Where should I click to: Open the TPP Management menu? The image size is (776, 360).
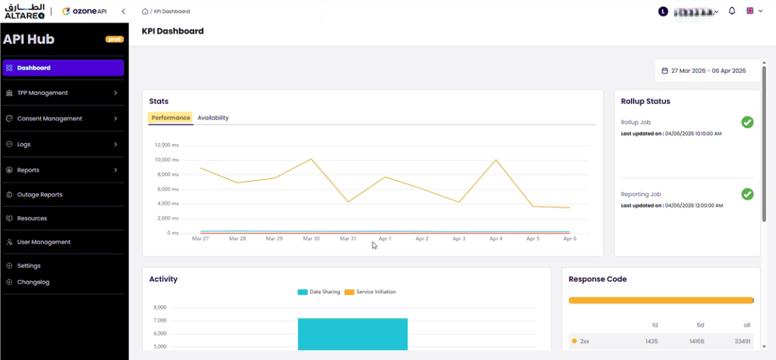coord(42,93)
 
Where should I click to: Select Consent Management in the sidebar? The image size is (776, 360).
coord(50,119)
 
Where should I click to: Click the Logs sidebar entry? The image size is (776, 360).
coord(24,145)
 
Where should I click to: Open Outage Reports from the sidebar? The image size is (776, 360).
coord(40,195)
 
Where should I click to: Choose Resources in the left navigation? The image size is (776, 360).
coord(32,218)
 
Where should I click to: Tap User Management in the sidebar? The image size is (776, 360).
coord(44,242)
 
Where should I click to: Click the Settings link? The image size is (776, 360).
coord(29,266)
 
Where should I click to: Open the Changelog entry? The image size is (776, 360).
coord(33,282)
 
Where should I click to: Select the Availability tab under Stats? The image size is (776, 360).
coord(213,118)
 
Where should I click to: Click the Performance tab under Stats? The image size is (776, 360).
coord(170,118)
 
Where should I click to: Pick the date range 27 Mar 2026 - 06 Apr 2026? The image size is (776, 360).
coord(704,71)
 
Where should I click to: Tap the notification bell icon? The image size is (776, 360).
coord(732,11)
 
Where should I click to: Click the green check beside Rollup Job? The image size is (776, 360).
coord(747,122)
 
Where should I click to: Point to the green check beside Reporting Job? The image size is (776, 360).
coord(747,194)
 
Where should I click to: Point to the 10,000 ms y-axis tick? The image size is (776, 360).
coord(166,160)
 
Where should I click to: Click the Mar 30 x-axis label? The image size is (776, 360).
coord(311,239)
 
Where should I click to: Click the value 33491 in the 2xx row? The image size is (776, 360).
coord(743,341)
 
